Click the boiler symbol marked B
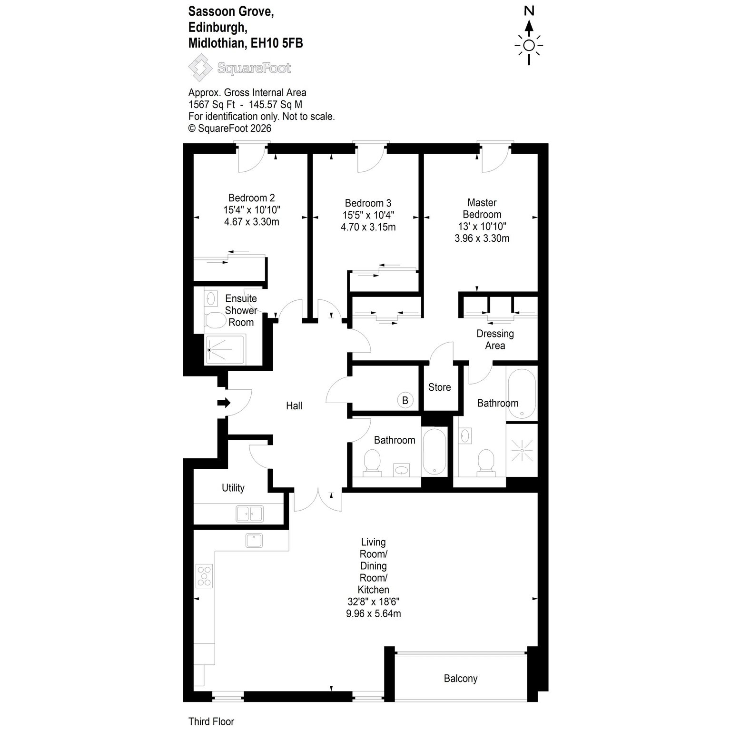[405, 400]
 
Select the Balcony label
[461, 679]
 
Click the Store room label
[439, 387]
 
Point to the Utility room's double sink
[249, 514]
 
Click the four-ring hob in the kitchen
[204, 575]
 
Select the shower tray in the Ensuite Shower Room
[225, 350]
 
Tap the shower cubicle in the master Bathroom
[522, 450]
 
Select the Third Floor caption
[211, 721]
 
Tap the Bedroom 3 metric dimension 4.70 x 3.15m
[368, 227]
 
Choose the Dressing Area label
[495, 339]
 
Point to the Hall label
[294, 406]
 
